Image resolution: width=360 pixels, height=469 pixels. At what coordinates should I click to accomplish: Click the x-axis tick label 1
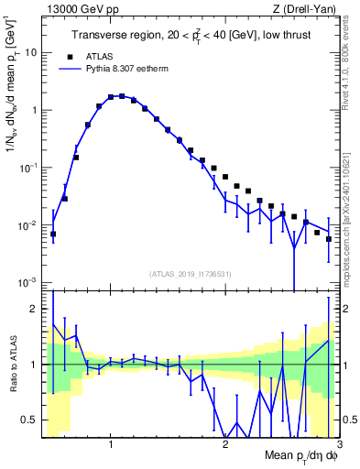tap(111, 444)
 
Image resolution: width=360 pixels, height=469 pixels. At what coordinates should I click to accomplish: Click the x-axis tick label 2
tap(225, 444)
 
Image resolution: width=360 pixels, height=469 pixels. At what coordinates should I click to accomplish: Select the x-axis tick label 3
tap(339, 444)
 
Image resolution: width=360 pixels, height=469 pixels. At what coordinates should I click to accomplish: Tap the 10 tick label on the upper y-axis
tap(28, 52)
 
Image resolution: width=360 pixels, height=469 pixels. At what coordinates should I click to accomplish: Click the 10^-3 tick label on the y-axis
tap(27, 283)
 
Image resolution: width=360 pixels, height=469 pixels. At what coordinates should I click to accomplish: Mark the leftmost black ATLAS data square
tap(53, 234)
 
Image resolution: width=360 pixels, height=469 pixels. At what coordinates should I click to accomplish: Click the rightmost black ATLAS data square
tap(328, 239)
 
